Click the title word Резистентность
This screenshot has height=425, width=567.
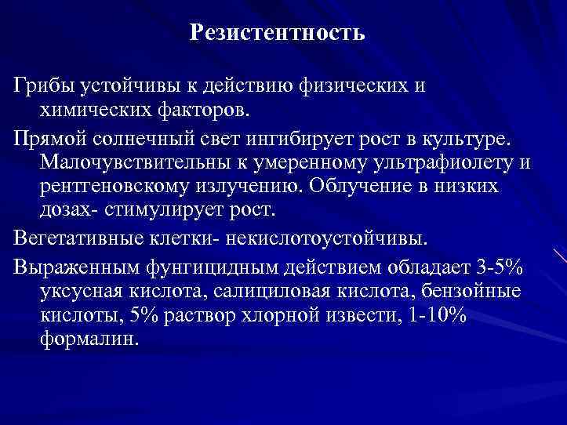pyautogui.click(x=277, y=33)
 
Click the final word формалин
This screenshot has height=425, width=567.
pyautogui.click(x=89, y=340)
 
